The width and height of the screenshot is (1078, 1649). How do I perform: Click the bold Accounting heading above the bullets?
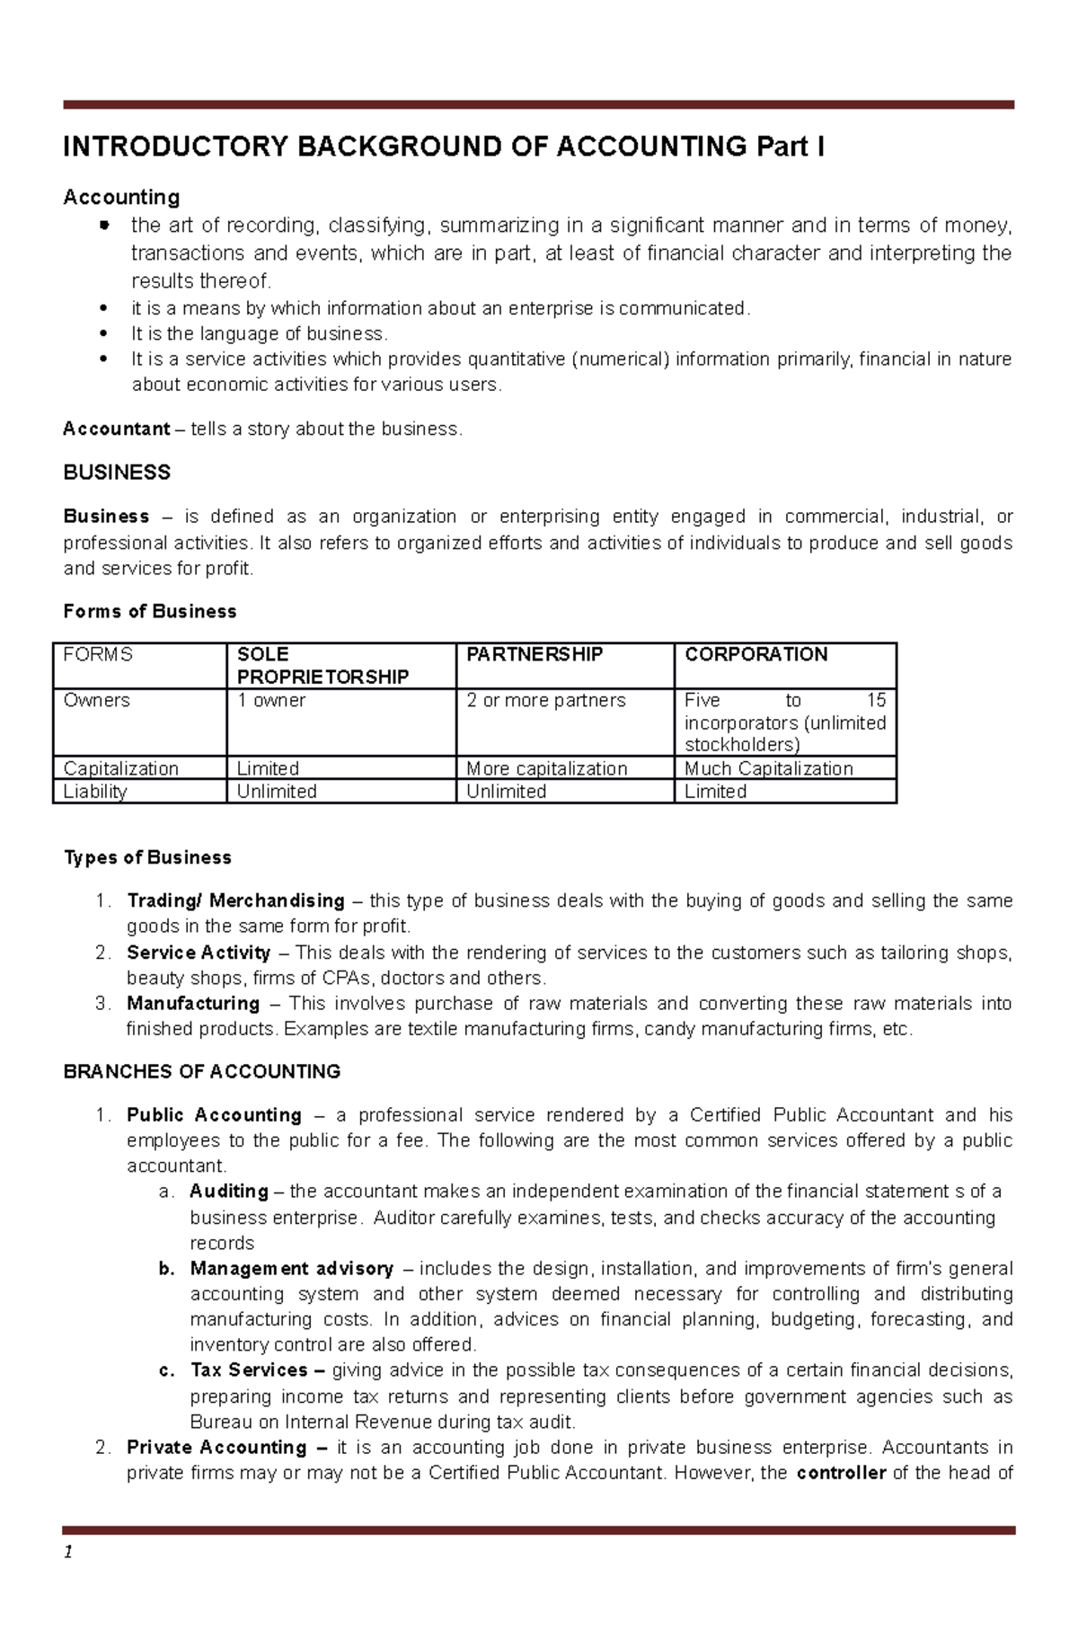[x=121, y=197]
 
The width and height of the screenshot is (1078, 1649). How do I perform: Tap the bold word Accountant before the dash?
[x=116, y=430]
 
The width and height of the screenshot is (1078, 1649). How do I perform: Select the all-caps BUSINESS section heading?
[x=117, y=473]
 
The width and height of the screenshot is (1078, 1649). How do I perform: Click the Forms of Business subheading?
[x=150, y=612]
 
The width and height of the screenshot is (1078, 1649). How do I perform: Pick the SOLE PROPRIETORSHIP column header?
[x=323, y=666]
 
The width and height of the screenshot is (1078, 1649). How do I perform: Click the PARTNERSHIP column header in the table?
[x=535, y=655]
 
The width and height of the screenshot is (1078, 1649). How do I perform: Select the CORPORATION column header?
[x=755, y=655]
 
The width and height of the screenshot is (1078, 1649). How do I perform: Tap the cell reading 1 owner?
[x=271, y=701]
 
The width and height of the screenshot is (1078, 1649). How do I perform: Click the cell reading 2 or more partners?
[x=546, y=701]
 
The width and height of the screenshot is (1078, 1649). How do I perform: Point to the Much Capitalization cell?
[x=768, y=769]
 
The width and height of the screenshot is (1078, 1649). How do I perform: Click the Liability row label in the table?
[x=95, y=792]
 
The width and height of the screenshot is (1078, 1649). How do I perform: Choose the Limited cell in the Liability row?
[x=715, y=792]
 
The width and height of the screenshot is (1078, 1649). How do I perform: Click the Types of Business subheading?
[x=147, y=858]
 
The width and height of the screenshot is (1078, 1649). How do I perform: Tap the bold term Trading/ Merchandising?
[x=235, y=901]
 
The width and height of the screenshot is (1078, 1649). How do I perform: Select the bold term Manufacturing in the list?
[x=193, y=1004]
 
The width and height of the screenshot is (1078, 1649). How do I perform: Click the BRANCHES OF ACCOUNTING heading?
[x=202, y=1072]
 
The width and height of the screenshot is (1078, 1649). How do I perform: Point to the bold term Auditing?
[x=229, y=1192]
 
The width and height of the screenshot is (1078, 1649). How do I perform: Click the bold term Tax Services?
[x=249, y=1370]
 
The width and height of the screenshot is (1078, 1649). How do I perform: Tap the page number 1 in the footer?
[x=67, y=1552]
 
